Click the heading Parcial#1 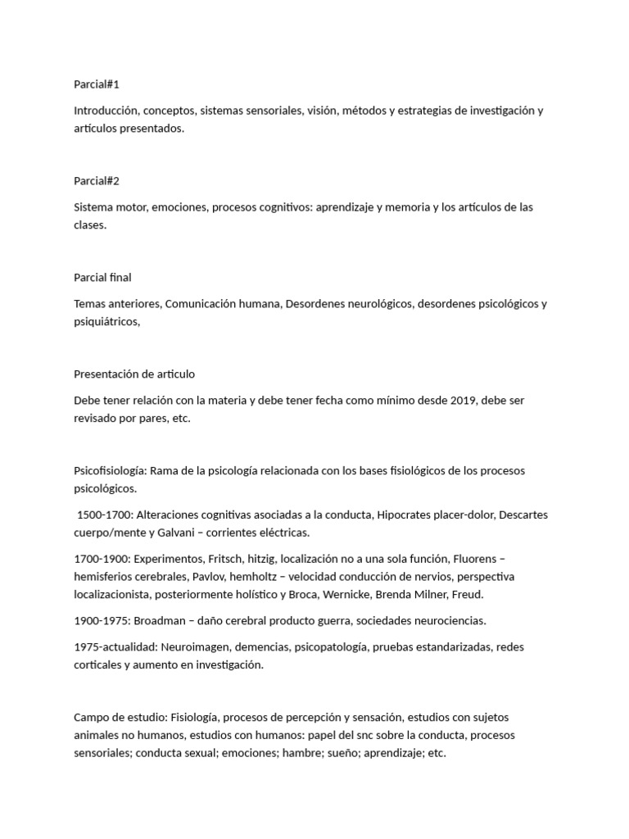96,84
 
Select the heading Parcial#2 96,180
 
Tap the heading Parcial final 102,277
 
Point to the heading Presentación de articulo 134,374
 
